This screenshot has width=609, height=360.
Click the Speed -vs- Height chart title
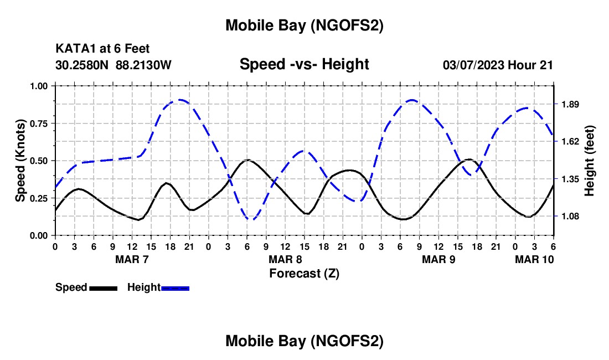pos(304,64)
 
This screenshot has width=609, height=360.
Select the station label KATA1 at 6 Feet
pos(102,49)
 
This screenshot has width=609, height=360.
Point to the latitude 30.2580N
pos(83,65)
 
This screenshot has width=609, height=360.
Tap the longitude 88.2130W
pos(144,65)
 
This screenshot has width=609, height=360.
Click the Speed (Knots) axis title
pos(20,161)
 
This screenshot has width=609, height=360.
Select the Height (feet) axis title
pos(589,161)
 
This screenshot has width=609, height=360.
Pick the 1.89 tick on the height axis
pos(570,104)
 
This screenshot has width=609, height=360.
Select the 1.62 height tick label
pos(570,142)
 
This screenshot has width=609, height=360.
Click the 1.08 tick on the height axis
pos(570,217)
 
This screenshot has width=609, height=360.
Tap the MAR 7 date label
pos(132,259)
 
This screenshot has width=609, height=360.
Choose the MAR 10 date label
pos(534,259)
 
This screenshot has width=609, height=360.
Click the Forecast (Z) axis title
pos(304,273)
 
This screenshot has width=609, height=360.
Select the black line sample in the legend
pos(103,287)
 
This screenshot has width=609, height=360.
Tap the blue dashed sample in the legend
pos(175,287)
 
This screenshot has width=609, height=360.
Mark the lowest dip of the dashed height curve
pos(250,220)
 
